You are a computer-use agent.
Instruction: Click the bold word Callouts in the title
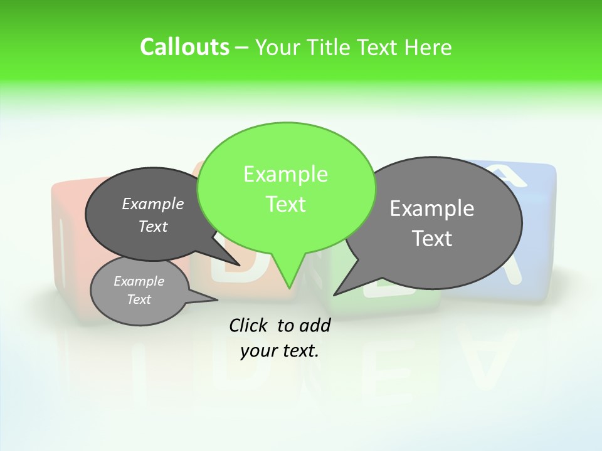point(184,47)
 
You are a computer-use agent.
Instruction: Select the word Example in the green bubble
point(285,174)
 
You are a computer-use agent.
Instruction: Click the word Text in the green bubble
point(285,204)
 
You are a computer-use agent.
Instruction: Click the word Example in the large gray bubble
point(432,209)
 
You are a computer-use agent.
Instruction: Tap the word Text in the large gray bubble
point(432,239)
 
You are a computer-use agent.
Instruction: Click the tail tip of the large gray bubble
point(335,294)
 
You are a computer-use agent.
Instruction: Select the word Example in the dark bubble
point(153,204)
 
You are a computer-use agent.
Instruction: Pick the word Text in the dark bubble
point(153,226)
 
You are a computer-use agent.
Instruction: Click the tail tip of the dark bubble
point(240,265)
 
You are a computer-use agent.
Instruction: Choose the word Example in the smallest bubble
point(139,281)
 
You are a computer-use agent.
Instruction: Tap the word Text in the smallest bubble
point(139,299)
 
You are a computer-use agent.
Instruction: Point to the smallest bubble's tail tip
point(217,300)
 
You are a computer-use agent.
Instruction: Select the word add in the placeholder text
point(315,325)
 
